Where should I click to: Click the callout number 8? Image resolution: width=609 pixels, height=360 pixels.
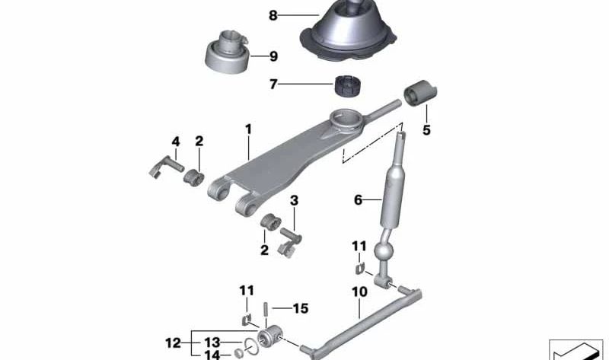pyautogui.click(x=273, y=14)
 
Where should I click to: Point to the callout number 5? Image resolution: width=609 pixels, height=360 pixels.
pyautogui.click(x=426, y=130)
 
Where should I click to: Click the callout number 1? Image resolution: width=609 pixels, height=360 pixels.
pyautogui.click(x=248, y=129)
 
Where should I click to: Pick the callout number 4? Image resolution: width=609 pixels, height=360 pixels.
pyautogui.click(x=176, y=141)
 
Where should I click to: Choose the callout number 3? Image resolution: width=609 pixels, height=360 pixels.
pyautogui.click(x=295, y=201)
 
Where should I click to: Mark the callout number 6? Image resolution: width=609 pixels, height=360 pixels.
pyautogui.click(x=358, y=200)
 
